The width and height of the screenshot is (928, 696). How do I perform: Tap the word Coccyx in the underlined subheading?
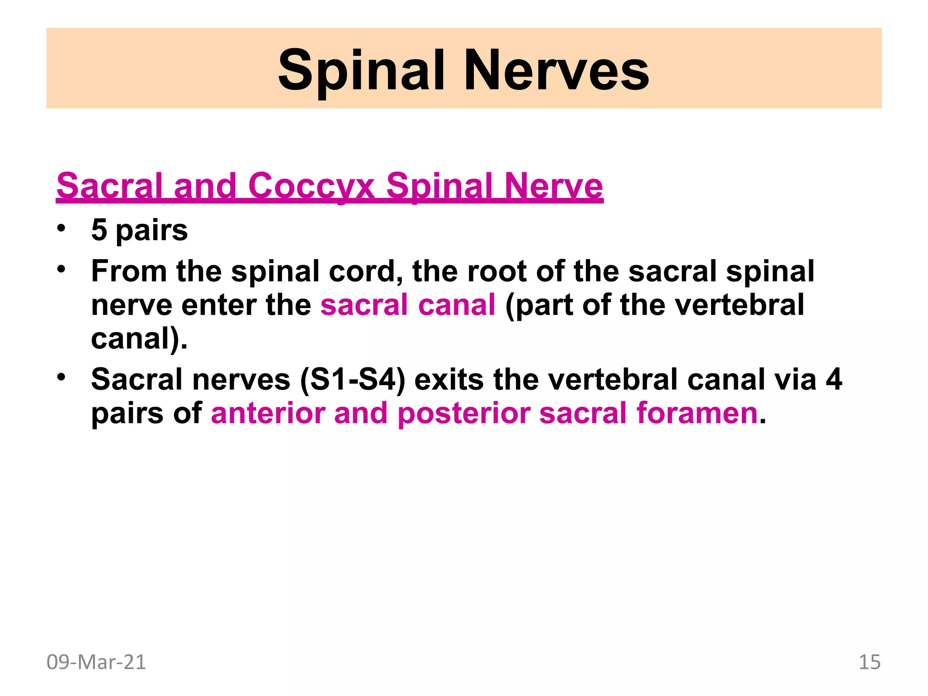click(311, 185)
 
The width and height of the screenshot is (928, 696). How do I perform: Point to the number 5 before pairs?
click(99, 230)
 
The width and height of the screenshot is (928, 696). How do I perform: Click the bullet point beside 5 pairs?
click(61, 228)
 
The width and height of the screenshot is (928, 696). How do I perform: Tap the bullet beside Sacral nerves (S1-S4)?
click(61, 377)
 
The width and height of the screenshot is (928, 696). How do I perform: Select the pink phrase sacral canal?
click(407, 304)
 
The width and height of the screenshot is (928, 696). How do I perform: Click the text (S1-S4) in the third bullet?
click(352, 379)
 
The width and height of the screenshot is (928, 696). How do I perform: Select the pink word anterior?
click(268, 413)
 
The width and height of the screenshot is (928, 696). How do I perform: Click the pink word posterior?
click(464, 413)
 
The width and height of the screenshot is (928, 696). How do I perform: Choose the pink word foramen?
click(697, 413)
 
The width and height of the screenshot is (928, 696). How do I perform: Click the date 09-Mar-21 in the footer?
click(96, 662)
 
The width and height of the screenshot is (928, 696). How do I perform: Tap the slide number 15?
click(869, 662)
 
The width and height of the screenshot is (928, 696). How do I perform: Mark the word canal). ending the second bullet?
click(139, 338)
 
